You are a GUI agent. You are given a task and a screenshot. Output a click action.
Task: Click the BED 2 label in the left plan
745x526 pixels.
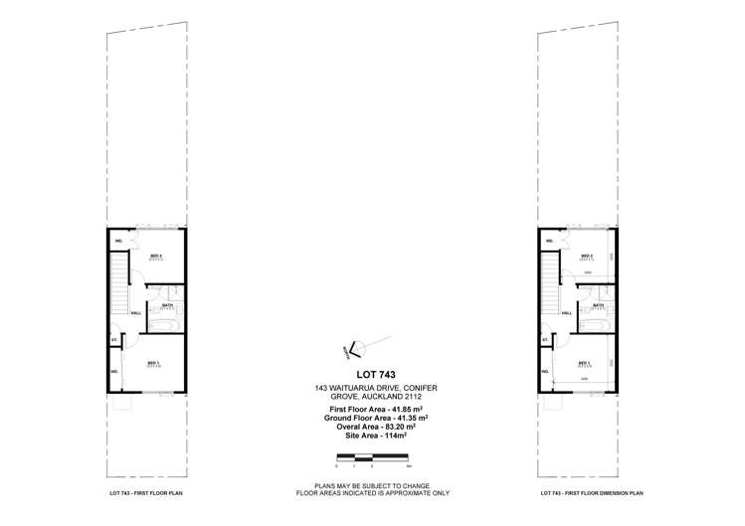click(155, 257)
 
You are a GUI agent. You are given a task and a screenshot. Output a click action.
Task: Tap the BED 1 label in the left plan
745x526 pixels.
click(153, 362)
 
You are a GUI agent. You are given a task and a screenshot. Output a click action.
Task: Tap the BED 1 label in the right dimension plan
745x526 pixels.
click(584, 362)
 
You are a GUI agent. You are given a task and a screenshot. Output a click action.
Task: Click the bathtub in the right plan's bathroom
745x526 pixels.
click(594, 324)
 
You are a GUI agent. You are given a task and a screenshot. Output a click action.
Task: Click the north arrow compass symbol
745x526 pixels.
click(355, 347)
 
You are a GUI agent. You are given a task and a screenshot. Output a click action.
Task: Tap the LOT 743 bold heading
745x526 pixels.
click(369, 375)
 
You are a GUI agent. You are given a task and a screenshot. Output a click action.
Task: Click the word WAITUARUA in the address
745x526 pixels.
click(354, 387)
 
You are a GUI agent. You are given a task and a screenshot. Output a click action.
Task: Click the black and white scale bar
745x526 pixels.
click(369, 457)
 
